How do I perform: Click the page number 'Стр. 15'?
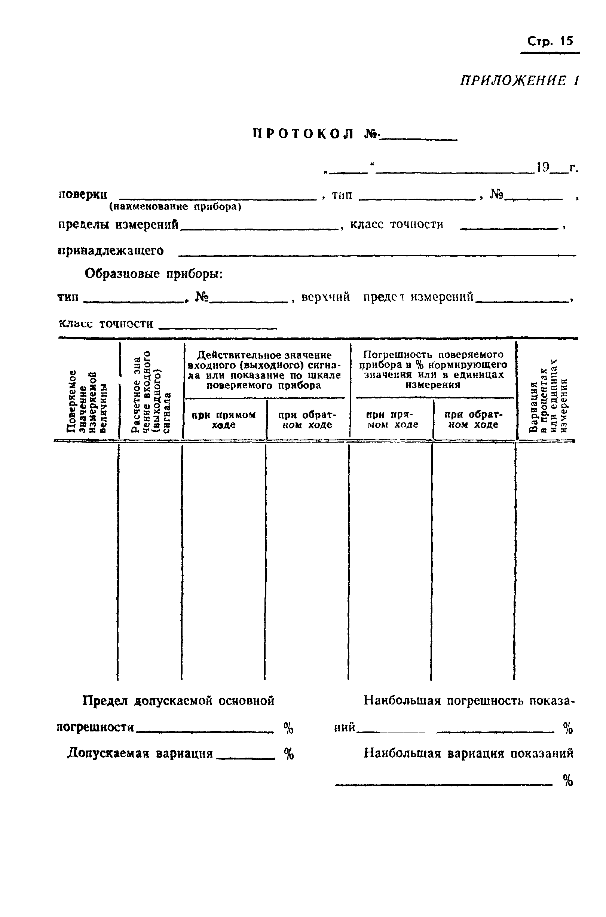tap(550, 42)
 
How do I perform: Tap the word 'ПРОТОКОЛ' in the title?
tap(303, 134)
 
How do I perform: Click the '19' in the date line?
tap(543, 167)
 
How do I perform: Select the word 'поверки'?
tap(83, 194)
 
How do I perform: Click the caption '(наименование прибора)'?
tap(175, 207)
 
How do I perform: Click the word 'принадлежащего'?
tap(110, 251)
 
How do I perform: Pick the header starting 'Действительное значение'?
tap(264, 370)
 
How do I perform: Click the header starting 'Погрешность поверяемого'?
tap(433, 369)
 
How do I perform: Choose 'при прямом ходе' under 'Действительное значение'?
tap(224, 420)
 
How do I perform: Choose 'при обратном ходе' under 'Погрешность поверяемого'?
tap(474, 419)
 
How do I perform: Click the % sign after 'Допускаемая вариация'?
tap(289, 753)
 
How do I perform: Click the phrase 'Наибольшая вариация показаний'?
tap(468, 753)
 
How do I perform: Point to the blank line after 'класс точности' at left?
tap(218, 328)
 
